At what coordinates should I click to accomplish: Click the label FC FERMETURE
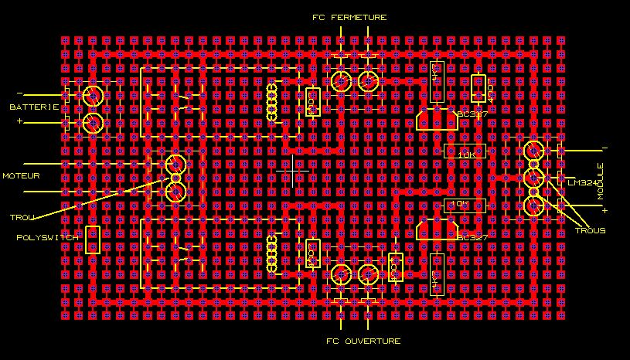click(x=349, y=17)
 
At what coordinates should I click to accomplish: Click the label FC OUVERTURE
click(x=352, y=341)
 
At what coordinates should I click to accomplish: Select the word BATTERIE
click(x=34, y=107)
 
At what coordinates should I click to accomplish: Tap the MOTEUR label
click(x=20, y=176)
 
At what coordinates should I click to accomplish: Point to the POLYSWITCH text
click(x=48, y=237)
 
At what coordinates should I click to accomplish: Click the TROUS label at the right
click(x=590, y=231)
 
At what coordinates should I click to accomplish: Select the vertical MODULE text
click(x=600, y=182)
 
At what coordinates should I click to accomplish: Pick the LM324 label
click(x=582, y=182)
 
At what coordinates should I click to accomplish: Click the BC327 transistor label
click(x=472, y=237)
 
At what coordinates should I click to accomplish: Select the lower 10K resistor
click(x=465, y=204)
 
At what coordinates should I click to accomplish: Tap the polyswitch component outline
click(x=93, y=240)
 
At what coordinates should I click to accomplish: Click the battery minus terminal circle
click(x=93, y=97)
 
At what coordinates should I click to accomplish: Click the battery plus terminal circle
click(x=93, y=122)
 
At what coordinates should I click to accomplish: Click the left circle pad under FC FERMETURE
click(x=339, y=81)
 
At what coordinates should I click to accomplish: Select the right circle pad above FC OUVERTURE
click(x=369, y=273)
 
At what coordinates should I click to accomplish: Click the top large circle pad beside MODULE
click(x=533, y=150)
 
